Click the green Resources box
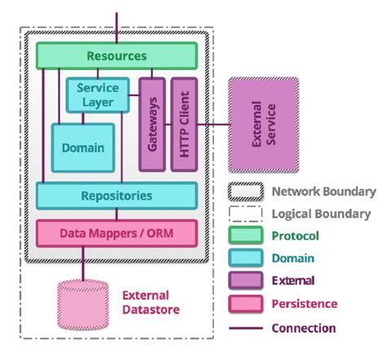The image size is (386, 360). pyautogui.click(x=116, y=56)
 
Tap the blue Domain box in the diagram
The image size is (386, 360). pyautogui.click(x=82, y=147)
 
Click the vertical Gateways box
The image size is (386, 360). pyautogui.click(x=152, y=125)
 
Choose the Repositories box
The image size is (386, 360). pyautogui.click(x=116, y=195)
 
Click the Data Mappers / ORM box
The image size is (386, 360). pyautogui.click(x=116, y=234)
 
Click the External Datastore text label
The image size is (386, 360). pyautogui.click(x=150, y=302)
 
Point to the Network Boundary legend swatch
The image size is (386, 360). pyautogui.click(x=246, y=192)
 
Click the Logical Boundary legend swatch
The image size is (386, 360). pyautogui.click(x=246, y=214)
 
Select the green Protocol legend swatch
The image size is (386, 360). pyautogui.click(x=246, y=236)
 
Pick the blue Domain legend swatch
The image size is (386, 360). pyautogui.click(x=246, y=258)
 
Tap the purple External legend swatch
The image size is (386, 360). pyautogui.click(x=246, y=281)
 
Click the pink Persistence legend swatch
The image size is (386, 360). pyautogui.click(x=246, y=304)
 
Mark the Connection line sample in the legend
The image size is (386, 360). pyautogui.click(x=246, y=327)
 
